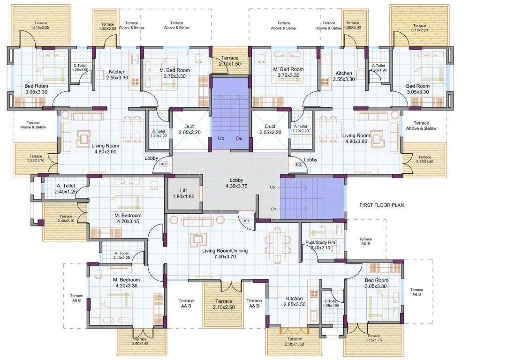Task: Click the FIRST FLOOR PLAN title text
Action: pos(381,205)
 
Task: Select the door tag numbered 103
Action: pos(163,165)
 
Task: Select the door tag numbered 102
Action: pos(298,165)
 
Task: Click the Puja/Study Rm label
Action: pos(320,245)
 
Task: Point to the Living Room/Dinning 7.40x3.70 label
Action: pos(225,254)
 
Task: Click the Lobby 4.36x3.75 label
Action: pos(236,183)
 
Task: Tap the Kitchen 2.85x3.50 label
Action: pos(295,301)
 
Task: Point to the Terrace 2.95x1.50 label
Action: pos(294,342)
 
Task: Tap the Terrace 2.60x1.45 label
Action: pos(140,342)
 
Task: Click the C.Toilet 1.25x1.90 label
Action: pos(331,304)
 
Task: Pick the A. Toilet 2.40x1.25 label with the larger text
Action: pos(65,188)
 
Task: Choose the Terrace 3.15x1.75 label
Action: pos(373,338)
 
